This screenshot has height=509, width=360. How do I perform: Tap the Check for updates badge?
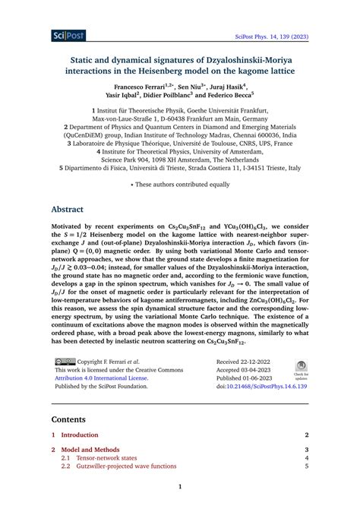tap(301, 368)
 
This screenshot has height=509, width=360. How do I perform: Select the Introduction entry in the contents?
tap(80, 435)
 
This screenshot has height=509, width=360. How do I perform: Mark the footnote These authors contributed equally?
tap(179, 183)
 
